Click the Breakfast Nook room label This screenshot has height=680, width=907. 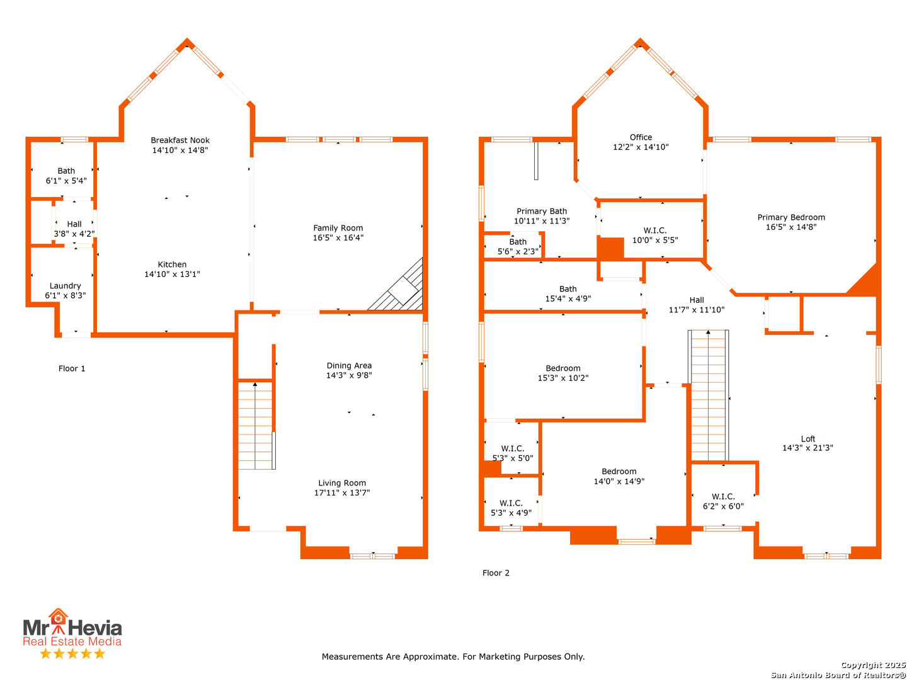point(179,140)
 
